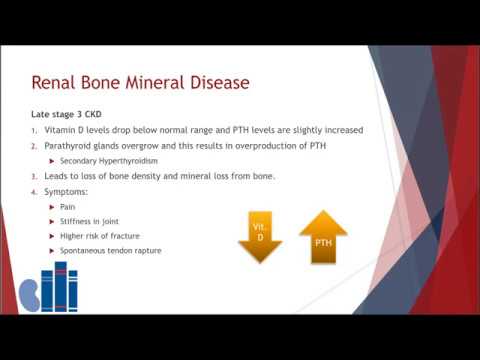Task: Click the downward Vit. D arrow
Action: pos(259,237)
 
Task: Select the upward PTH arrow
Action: pos(322,238)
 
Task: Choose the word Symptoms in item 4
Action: pos(65,192)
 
